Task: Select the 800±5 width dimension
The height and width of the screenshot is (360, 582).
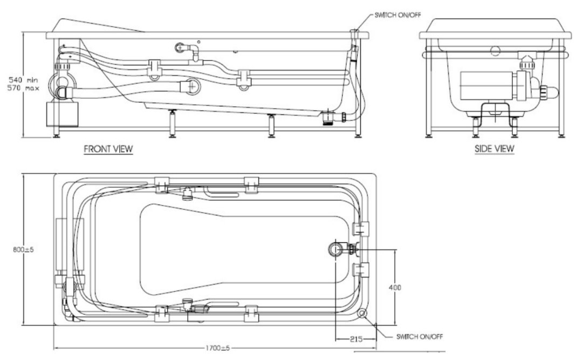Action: point(23,250)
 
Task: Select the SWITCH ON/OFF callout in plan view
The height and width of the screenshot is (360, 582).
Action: point(419,337)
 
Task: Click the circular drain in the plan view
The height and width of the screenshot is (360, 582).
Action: point(335,248)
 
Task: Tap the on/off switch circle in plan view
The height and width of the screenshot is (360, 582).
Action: point(361,313)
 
